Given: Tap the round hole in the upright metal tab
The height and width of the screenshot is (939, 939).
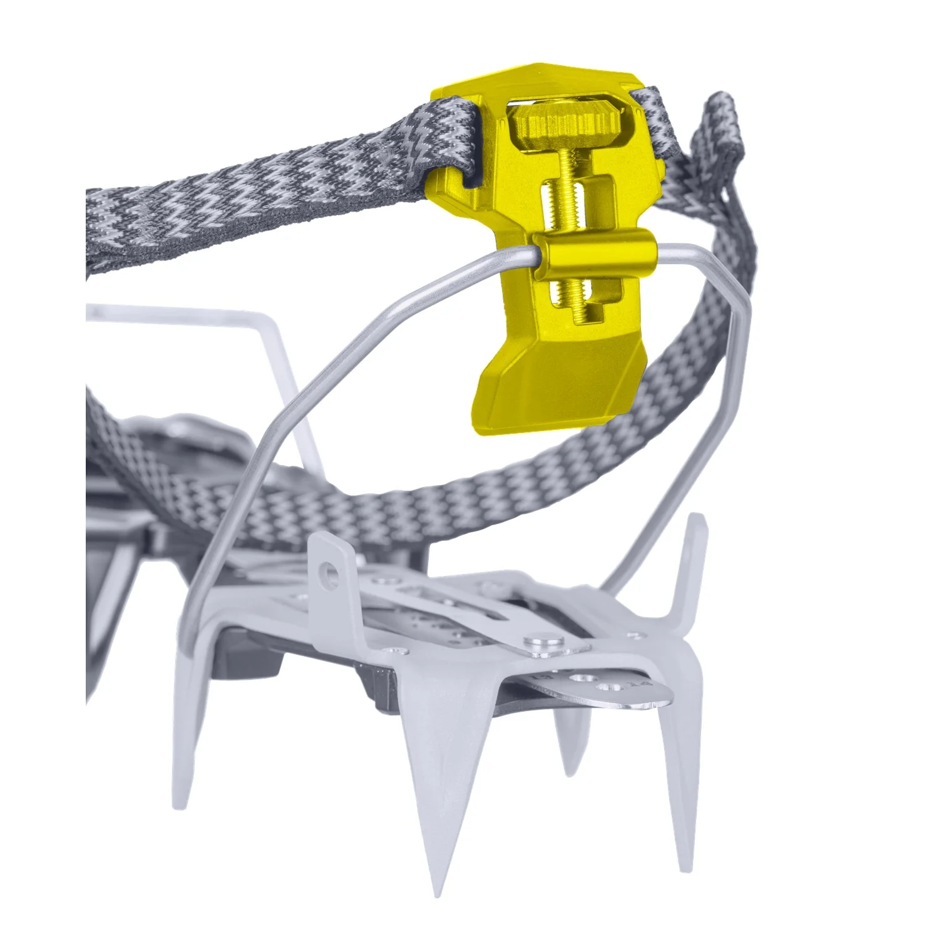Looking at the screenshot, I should [x=326, y=571].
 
